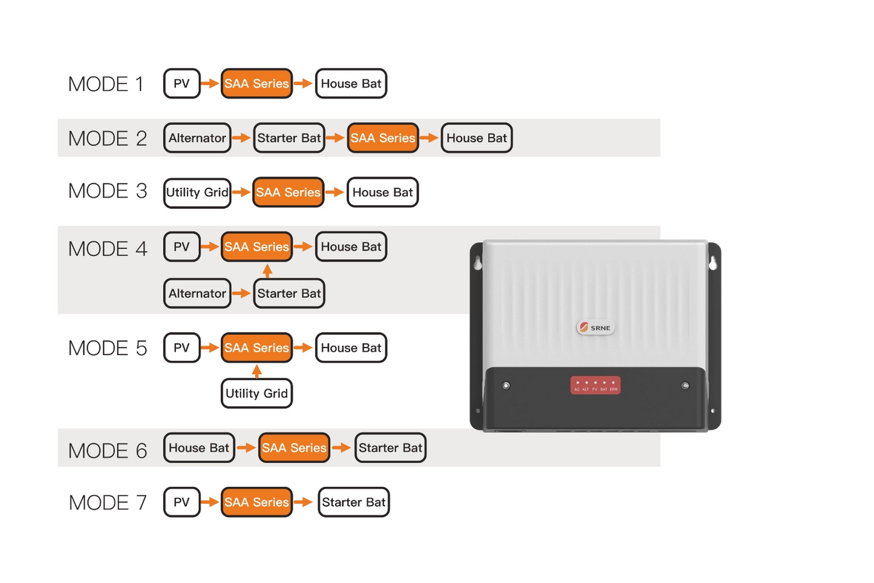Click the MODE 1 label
[x=106, y=84]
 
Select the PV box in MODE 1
[x=181, y=84]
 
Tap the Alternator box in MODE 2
[x=197, y=138]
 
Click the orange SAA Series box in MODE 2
[x=383, y=138]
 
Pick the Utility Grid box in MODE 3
[x=197, y=193]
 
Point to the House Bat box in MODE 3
[x=382, y=193]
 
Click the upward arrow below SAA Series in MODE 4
[x=267, y=270]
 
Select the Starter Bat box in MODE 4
[x=289, y=294]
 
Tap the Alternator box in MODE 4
[x=197, y=294]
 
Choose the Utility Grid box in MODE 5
[x=256, y=394]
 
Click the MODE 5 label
[x=108, y=348]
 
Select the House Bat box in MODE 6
[x=199, y=448]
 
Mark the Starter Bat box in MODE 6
[x=390, y=448]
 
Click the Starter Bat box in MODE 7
[x=353, y=502]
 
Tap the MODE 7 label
[x=108, y=502]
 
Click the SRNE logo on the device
[x=595, y=328]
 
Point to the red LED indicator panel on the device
[x=595, y=385]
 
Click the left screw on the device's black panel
[x=506, y=385]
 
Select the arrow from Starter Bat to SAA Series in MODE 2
[x=335, y=138]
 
